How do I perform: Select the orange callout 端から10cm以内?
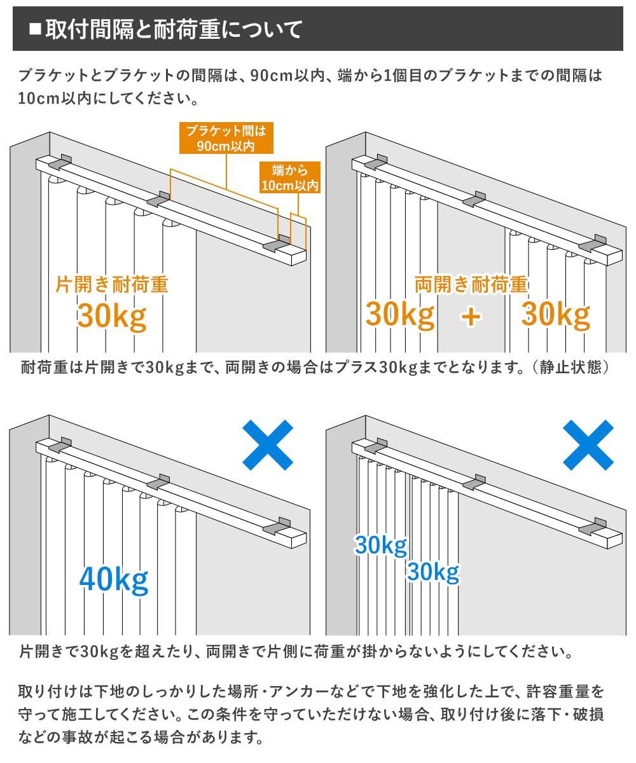[x=289, y=178]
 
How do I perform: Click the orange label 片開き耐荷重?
[x=112, y=284]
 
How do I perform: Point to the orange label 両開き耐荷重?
[x=471, y=284]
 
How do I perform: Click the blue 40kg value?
[x=114, y=579]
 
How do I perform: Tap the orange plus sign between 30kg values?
[x=471, y=316]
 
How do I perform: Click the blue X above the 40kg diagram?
[x=268, y=445]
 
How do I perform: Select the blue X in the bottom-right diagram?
[x=588, y=445]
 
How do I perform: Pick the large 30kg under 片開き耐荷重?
[x=112, y=316]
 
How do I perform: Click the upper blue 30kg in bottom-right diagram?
[x=380, y=546]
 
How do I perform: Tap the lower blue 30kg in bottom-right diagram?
[x=433, y=572]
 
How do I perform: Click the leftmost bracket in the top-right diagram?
[x=375, y=163]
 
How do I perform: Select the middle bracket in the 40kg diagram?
[x=159, y=482]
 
